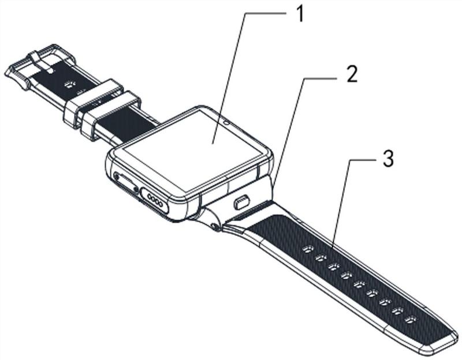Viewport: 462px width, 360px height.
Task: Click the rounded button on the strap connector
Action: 241,203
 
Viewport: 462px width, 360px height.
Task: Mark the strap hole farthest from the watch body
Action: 411,319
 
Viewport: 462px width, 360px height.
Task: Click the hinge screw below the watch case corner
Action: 215,226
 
